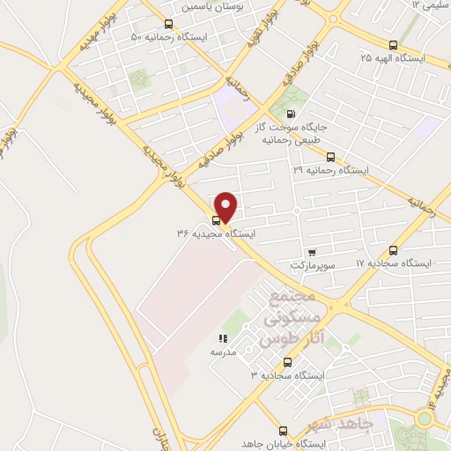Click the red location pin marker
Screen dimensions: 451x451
point(226,206)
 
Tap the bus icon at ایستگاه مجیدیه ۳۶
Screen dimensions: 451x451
point(217,220)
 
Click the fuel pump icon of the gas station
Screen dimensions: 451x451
point(291,114)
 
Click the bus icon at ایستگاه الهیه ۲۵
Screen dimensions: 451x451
point(392,46)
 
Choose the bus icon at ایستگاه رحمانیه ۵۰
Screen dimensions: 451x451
point(169,25)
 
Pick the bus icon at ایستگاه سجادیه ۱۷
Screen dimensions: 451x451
point(393,250)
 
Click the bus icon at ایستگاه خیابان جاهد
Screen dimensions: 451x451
point(283,432)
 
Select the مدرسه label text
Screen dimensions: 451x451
point(222,351)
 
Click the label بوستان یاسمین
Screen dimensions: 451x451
point(212,6)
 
